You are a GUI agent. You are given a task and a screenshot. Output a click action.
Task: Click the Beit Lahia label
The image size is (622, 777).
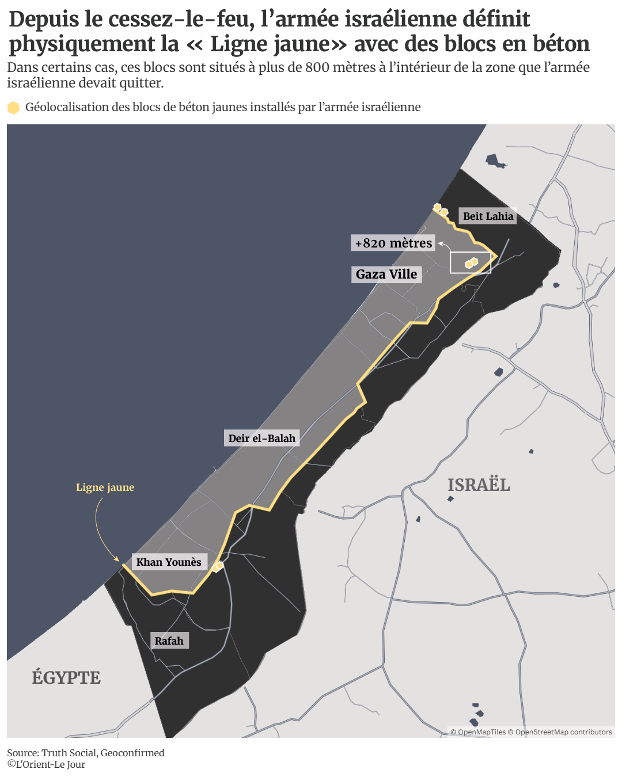coord(488,216)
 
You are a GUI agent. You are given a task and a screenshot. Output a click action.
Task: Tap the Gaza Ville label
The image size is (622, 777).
coord(386,275)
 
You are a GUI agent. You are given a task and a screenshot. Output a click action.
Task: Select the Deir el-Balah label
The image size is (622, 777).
coord(261,439)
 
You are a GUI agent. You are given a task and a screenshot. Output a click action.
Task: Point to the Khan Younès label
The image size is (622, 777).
coord(169,562)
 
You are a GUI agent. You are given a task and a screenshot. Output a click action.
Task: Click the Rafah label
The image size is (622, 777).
coord(169,641)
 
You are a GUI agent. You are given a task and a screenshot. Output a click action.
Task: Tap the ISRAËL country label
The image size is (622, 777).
coord(479,485)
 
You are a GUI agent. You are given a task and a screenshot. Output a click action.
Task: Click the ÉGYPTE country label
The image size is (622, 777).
coord(66,677)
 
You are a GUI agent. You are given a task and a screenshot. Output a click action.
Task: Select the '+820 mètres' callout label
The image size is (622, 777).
coord(393,243)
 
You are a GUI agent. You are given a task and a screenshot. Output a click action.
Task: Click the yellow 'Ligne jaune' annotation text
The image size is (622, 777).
coord(105,487)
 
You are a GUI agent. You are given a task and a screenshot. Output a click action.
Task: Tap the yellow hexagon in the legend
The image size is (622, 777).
coord(13,108)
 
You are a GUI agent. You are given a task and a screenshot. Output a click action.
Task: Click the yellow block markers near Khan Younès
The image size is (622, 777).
coord(218,566)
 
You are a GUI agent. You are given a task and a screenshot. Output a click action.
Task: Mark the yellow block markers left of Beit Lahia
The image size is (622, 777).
coord(441,210)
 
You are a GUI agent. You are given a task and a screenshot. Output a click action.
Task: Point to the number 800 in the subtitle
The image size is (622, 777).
coord(317,68)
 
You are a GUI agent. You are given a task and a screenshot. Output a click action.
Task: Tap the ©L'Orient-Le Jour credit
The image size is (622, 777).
coord(46,764)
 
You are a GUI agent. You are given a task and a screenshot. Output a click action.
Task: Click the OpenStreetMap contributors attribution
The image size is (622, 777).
coord(563,732)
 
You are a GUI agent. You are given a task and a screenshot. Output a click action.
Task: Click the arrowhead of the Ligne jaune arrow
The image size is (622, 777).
coord(117,559)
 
